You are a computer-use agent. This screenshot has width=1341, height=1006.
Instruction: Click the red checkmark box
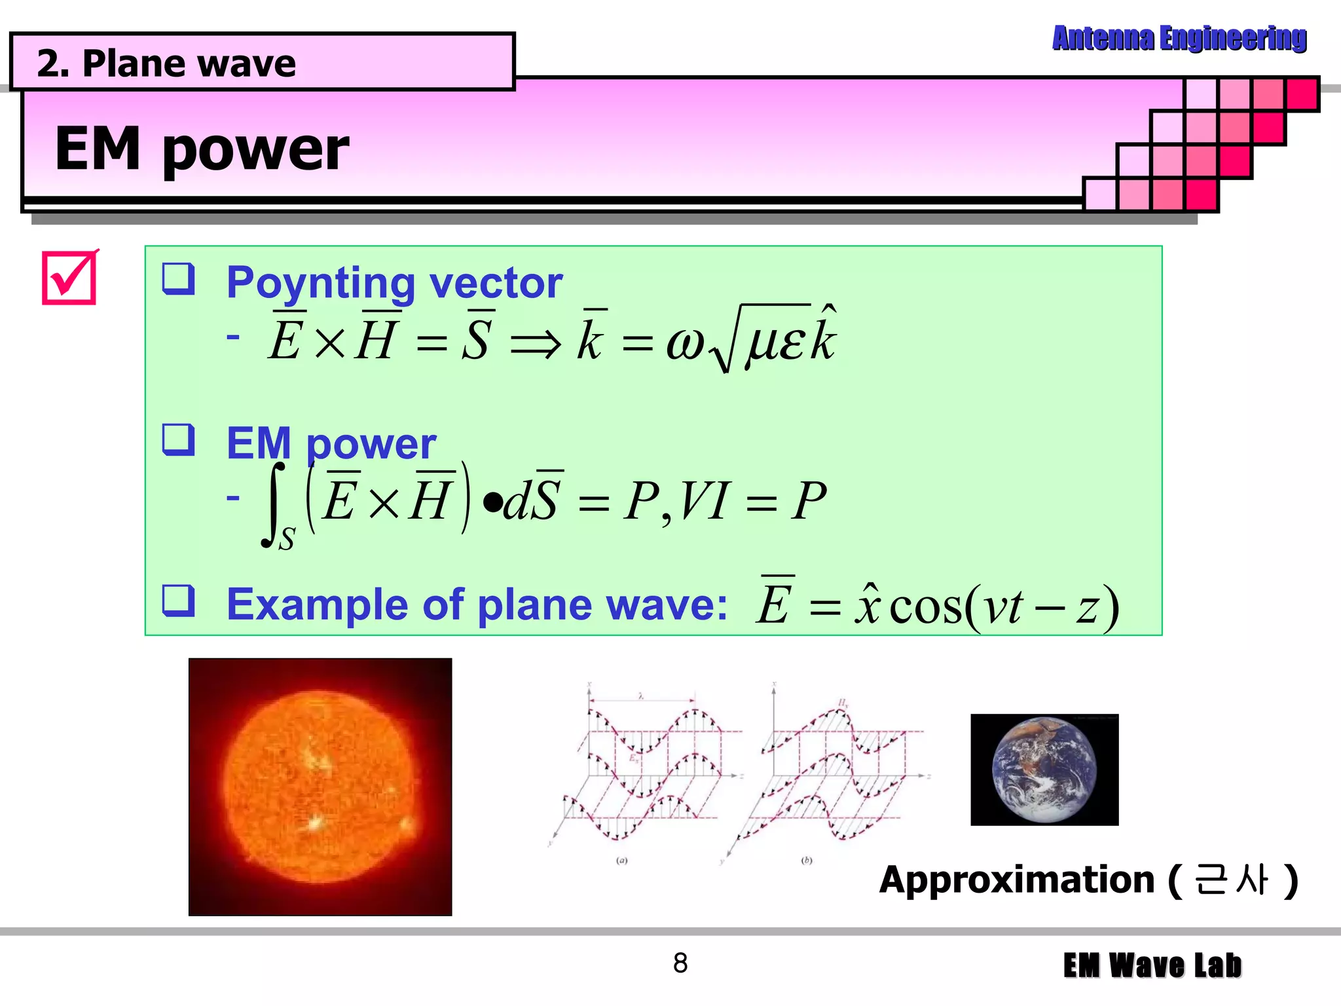coord(69,278)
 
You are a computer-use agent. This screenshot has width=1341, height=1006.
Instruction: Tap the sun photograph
coord(320,787)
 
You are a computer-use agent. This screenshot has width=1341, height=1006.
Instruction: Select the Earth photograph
coord(1044,770)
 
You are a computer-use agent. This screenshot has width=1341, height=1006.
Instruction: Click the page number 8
coord(680,963)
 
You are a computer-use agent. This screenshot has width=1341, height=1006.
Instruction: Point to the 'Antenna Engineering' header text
coord(1179,39)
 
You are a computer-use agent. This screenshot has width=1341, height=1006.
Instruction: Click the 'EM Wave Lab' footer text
coord(1152,966)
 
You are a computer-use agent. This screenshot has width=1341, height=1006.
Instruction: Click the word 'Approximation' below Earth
coord(1017,880)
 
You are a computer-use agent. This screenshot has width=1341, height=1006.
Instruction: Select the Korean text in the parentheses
coord(1232,880)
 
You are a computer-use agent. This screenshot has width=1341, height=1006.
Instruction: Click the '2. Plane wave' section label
coord(167,64)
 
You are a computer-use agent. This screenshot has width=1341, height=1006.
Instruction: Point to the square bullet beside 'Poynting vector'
coord(179,279)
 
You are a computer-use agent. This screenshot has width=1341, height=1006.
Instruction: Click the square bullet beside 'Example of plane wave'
coord(179,601)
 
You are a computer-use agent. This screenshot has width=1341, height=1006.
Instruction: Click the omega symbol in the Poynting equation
coord(685,343)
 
